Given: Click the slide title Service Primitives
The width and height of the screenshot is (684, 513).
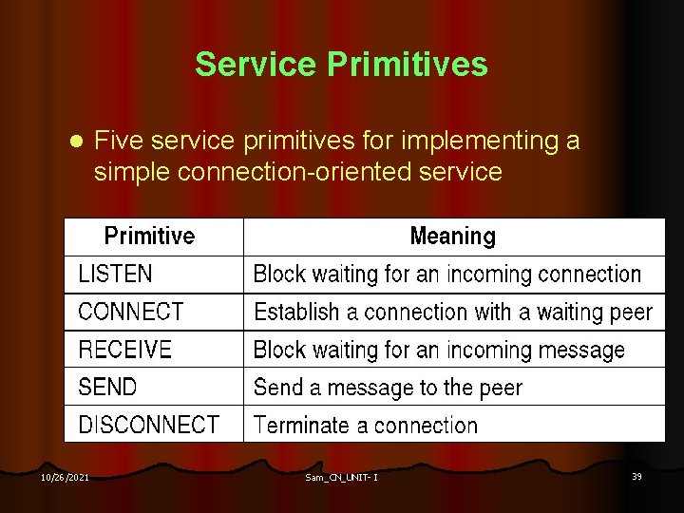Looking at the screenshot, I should click(x=341, y=65).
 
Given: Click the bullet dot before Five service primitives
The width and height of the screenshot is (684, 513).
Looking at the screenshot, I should click(x=78, y=142).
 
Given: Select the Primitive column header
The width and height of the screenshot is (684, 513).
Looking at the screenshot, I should click(x=149, y=236).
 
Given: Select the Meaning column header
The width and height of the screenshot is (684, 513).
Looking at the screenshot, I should click(x=452, y=236).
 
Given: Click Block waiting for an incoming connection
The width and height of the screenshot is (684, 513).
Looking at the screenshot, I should click(x=446, y=275).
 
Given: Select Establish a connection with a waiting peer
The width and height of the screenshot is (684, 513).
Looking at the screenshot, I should click(x=452, y=312).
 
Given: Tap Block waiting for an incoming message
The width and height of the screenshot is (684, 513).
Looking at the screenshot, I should click(x=439, y=350).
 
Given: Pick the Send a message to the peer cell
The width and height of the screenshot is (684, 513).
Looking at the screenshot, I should click(x=388, y=388).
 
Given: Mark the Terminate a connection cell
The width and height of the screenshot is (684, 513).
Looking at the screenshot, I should click(x=366, y=425).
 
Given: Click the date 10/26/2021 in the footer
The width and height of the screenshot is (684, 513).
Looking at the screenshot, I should click(x=65, y=477).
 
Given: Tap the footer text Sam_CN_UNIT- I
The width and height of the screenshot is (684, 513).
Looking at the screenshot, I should click(x=341, y=477).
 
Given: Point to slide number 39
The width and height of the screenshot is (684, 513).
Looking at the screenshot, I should click(x=636, y=476).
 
